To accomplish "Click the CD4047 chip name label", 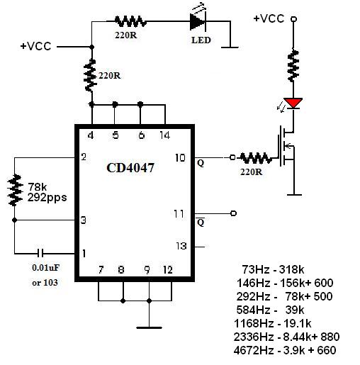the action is pos(130,168).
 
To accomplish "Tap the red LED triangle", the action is pos(293,103).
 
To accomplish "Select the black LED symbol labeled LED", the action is pos(198,21).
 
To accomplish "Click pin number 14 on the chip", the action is pos(164,135).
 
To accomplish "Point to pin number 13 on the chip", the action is pos(181,246).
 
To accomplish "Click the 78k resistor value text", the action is pos(38,187).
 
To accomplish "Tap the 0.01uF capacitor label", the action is pos(45,268).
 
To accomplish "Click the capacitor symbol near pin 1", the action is pos(40,253).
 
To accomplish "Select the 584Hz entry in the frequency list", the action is pos(253,310).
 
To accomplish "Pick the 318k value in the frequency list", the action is pos(291,269).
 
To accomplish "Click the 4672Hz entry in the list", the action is pos(254,350).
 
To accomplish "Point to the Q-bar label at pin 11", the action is pos(201,222).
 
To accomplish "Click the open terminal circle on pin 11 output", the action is pos(233,213).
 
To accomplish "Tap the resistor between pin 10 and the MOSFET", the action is pos(256,158).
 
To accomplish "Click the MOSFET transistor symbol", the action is pos(286,146).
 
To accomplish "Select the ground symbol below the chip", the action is pos(149,327).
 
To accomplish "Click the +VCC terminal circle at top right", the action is pos(293,19).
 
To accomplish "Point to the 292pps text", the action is pos(47,198).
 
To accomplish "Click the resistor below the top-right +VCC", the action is pos(293,66).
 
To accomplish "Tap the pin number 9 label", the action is pos(147,270).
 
